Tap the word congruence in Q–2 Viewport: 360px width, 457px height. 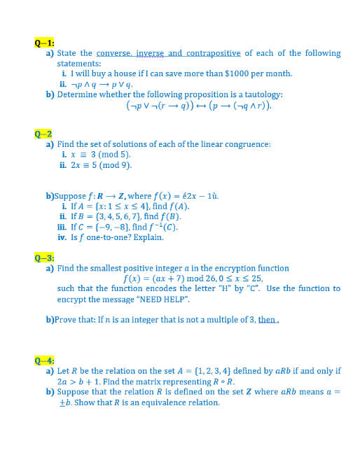[249, 144]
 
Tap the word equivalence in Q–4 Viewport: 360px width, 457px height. [155, 402]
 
